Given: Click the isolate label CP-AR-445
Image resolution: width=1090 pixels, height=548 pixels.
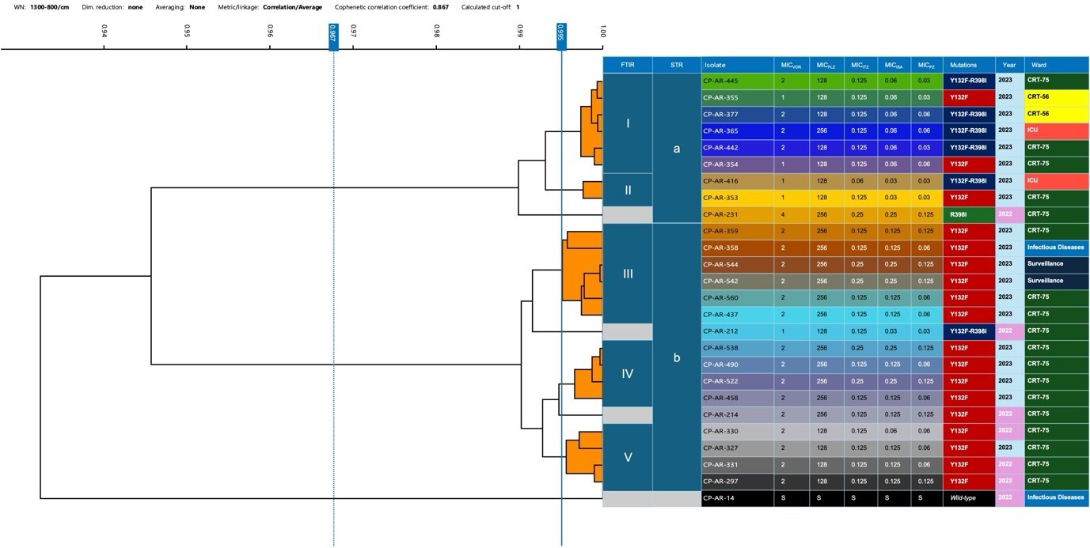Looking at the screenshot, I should tap(720, 81).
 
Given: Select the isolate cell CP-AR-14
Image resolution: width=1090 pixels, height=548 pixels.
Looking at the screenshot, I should tap(718, 497).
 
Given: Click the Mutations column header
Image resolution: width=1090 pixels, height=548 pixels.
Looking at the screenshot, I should tap(963, 65).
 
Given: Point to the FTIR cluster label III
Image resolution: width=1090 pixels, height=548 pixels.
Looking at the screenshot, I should tap(628, 274).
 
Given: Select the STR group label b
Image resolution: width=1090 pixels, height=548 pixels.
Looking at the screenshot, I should tap(676, 357).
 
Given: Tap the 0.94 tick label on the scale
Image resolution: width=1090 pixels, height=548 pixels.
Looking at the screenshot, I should tap(104, 32).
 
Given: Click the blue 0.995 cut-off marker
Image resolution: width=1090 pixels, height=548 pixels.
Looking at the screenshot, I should tap(560, 36).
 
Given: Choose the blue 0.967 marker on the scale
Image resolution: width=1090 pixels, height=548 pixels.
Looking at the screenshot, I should tap(333, 36).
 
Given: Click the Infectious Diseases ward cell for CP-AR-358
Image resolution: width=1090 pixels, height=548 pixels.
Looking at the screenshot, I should tap(1055, 247).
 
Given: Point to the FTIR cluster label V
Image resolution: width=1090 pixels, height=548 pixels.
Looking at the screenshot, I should tap(628, 457).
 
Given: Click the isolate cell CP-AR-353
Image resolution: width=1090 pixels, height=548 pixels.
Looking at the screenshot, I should tap(720, 197).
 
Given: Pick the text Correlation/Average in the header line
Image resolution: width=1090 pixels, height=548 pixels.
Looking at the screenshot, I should tap(293, 6).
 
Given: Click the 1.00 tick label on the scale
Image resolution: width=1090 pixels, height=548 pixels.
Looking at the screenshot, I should tap(602, 32).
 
